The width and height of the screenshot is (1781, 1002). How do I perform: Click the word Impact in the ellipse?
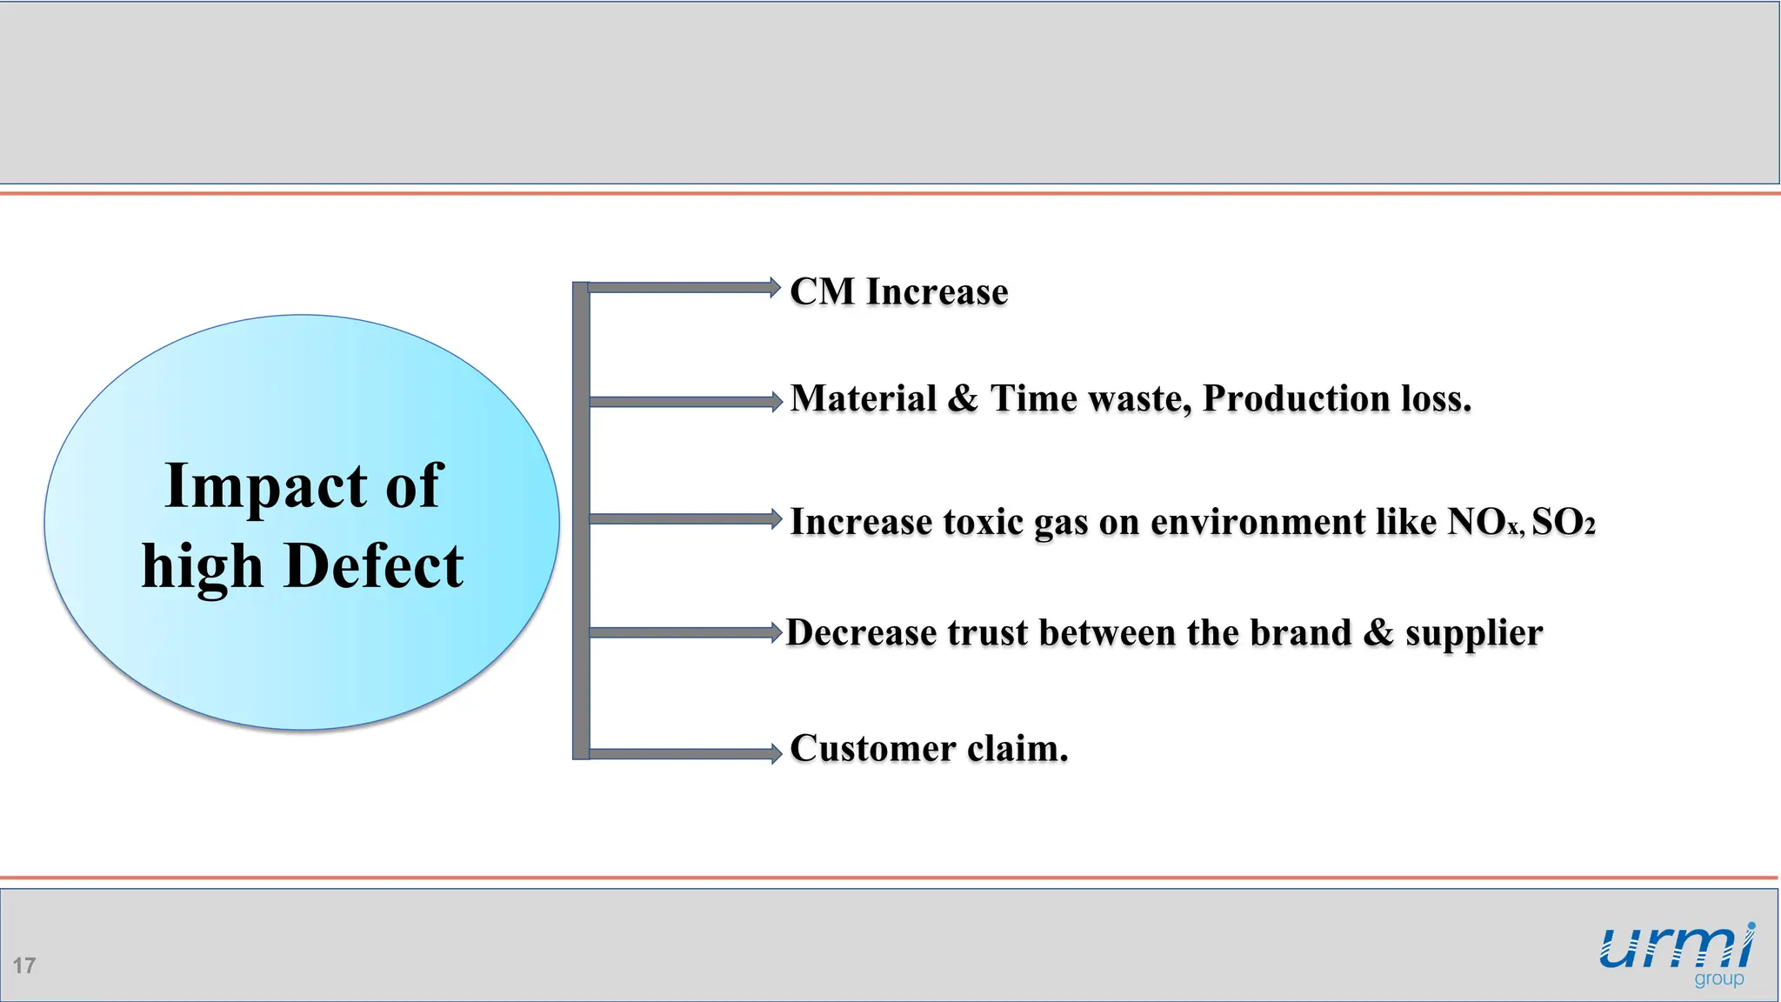tap(264, 487)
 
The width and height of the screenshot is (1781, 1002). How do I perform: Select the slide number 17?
tap(24, 965)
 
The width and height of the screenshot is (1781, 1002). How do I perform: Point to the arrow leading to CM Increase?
tap(684, 288)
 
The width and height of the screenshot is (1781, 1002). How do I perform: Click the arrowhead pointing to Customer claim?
tap(776, 754)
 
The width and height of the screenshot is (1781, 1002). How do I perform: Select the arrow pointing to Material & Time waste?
tap(684, 402)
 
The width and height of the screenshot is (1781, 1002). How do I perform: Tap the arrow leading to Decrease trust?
tap(684, 632)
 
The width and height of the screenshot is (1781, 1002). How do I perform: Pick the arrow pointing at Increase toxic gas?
tap(684, 519)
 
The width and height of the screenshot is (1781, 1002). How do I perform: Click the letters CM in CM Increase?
tap(823, 291)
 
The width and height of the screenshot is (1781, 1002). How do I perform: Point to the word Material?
tap(864, 399)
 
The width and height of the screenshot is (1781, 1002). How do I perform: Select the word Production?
tap(1296, 399)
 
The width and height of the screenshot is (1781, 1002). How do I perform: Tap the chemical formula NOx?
tap(1484, 523)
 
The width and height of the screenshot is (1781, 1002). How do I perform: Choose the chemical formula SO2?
tap(1563, 523)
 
